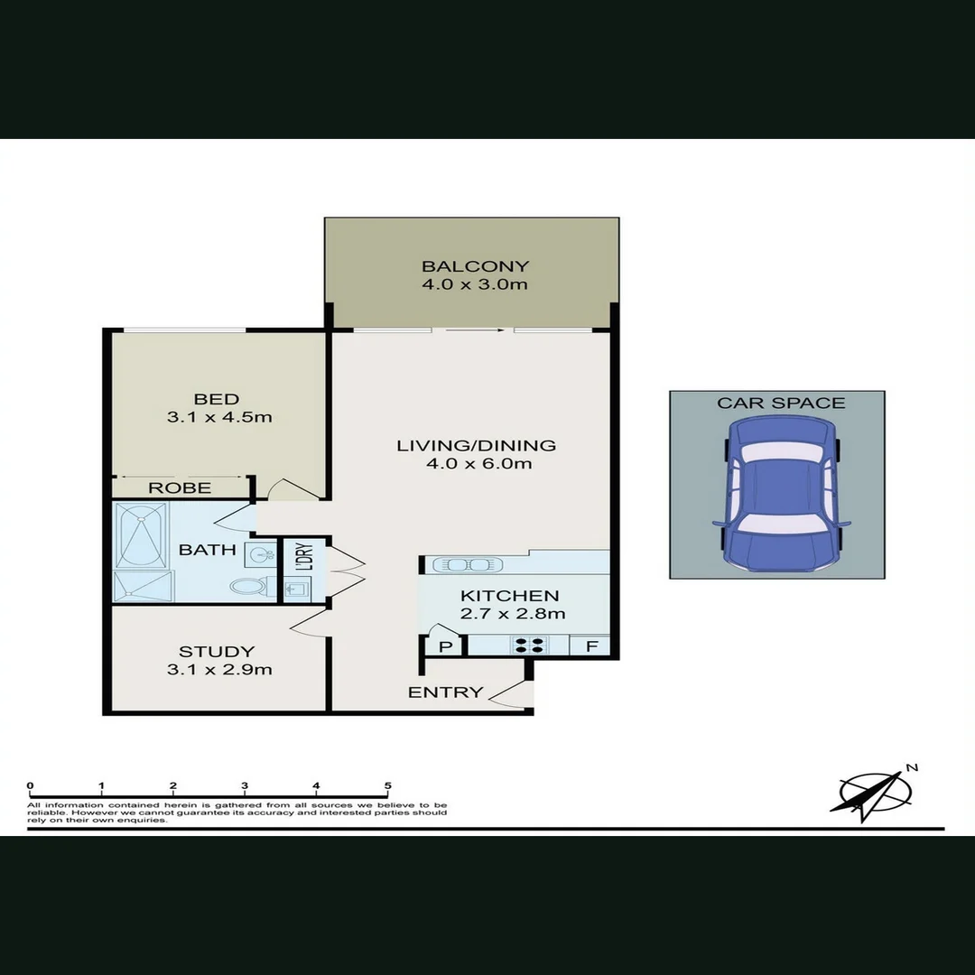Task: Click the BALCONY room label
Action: [475, 266]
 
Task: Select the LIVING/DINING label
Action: [477, 445]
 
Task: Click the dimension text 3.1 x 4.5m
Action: [219, 417]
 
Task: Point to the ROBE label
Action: [180, 487]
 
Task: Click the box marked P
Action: [445, 646]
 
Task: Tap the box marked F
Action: [591, 646]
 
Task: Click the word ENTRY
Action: [445, 692]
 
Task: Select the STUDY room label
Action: [217, 651]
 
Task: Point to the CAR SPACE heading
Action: [781, 403]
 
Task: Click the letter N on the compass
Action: [912, 768]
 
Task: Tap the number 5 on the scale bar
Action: [387, 786]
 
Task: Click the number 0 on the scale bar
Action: [31, 786]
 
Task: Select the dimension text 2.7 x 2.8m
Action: [513, 614]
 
